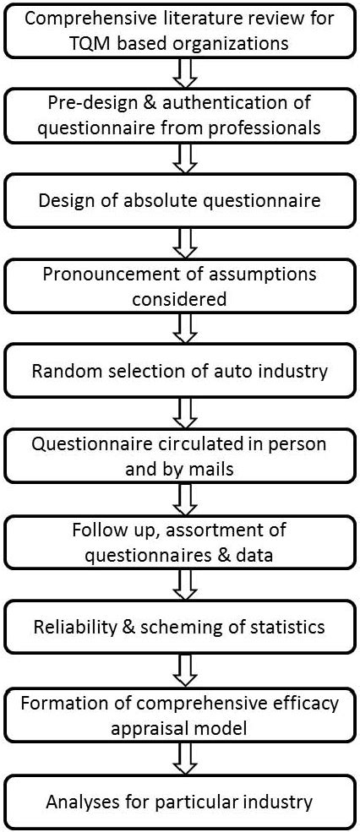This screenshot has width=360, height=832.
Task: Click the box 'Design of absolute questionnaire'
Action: click(x=180, y=202)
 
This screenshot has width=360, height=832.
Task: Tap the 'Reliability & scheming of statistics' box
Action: click(x=180, y=628)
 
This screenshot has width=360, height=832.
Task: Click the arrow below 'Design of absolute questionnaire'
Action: click(x=181, y=244)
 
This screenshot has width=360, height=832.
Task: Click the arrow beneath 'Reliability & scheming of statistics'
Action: click(x=181, y=670)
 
